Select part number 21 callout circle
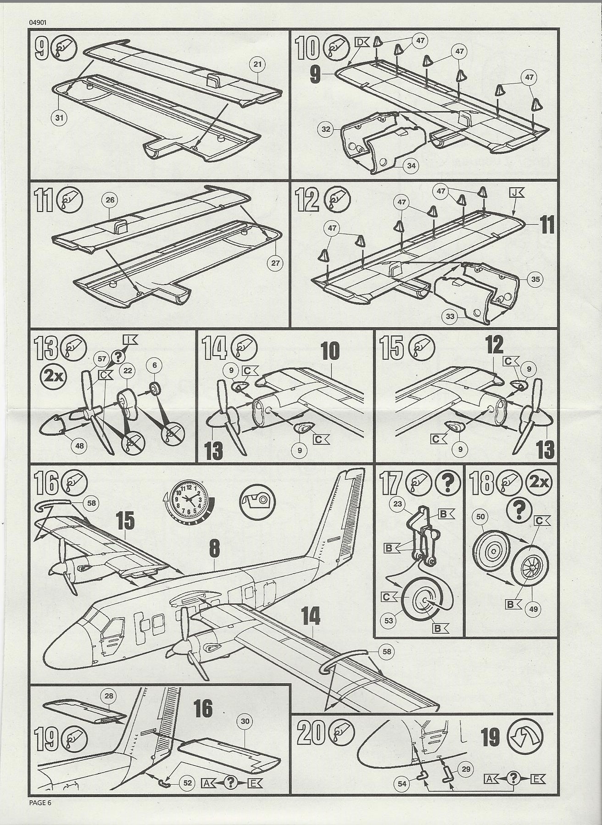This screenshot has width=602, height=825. click(x=257, y=64)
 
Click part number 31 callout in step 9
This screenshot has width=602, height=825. click(x=59, y=118)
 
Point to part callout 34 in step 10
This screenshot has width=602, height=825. click(x=411, y=166)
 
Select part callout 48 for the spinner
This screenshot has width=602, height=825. click(x=80, y=445)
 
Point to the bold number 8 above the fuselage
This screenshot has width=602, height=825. click(x=214, y=549)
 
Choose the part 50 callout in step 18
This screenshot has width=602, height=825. click(x=480, y=517)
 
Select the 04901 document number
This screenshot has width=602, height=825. click(x=37, y=22)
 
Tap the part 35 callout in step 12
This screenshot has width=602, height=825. click(x=535, y=279)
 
